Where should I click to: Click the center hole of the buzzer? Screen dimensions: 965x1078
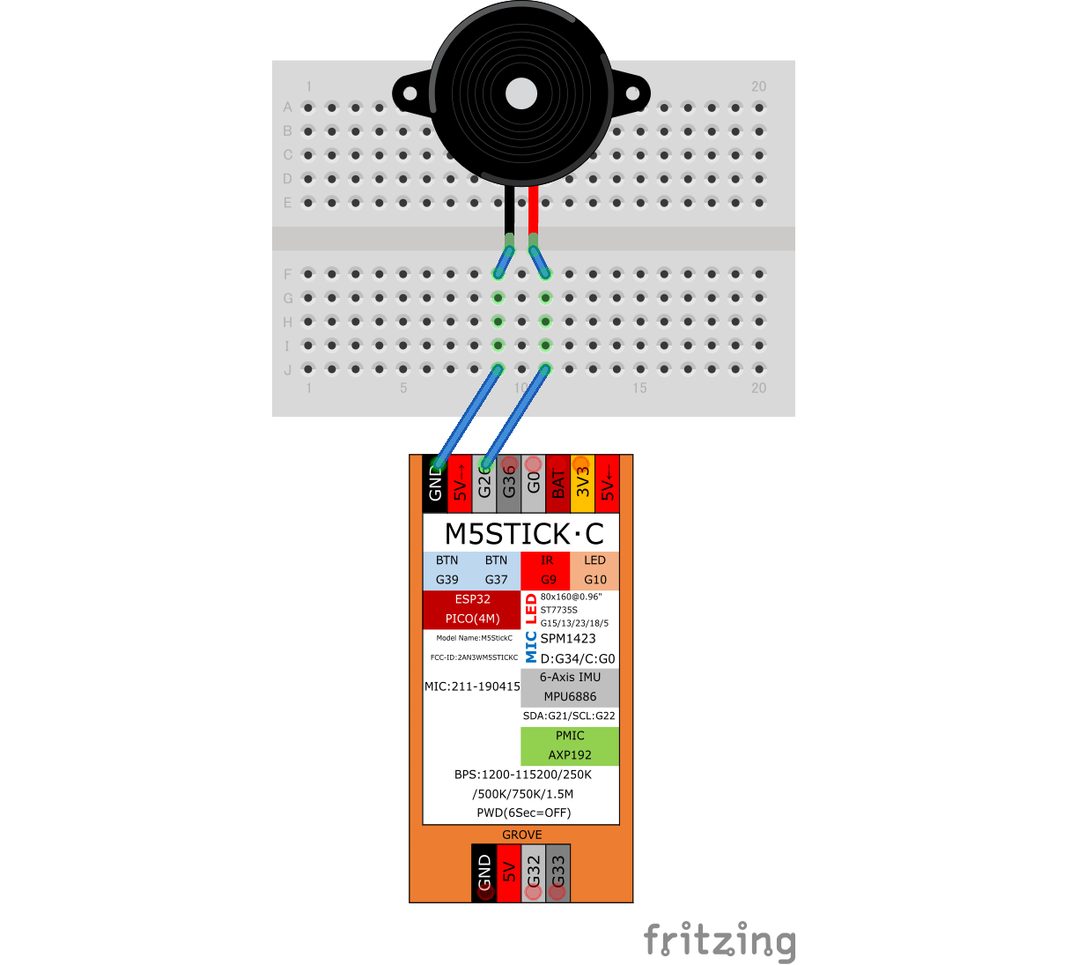521,93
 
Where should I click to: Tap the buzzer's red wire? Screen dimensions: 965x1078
533,212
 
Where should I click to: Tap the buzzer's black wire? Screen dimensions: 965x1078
509,212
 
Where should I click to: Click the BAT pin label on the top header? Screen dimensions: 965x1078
557,484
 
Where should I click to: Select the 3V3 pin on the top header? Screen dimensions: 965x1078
582,482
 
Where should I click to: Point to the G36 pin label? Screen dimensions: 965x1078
508,483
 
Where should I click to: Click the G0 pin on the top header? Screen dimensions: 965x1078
533,483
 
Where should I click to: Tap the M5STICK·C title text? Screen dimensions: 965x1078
524,534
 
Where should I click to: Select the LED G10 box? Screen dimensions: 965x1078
594,570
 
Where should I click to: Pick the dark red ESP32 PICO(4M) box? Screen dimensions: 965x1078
472,609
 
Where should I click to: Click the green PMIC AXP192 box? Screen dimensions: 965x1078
570,746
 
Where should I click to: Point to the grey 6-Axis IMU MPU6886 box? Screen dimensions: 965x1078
570,687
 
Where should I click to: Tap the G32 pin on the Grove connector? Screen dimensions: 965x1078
533,872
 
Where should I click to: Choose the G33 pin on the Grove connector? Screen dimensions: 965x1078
557,872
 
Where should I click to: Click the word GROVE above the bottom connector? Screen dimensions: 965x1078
522,835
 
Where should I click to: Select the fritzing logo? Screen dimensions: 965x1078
720,941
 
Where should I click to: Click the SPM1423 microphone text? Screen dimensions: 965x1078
568,639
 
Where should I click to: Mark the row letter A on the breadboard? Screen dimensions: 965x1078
287,108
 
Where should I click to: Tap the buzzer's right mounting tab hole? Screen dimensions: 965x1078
632,93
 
